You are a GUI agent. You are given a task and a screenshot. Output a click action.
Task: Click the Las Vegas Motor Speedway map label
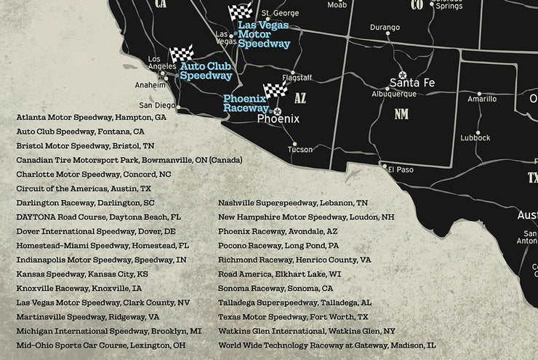264,34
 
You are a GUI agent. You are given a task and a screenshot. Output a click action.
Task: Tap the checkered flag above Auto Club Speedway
181,55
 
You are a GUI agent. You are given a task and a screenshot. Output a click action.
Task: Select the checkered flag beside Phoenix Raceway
276,90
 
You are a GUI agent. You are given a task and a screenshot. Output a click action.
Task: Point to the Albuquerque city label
394,94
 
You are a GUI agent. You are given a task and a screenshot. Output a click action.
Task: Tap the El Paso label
400,169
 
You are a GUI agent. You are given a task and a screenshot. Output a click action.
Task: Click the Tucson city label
300,150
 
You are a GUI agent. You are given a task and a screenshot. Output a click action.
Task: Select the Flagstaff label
297,77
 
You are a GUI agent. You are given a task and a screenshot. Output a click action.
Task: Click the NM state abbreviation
401,114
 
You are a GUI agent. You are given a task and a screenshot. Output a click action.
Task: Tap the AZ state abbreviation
301,97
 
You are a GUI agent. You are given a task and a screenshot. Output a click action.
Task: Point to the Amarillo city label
482,99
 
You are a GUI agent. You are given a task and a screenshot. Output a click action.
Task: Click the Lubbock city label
475,137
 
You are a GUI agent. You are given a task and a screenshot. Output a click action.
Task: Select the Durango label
385,28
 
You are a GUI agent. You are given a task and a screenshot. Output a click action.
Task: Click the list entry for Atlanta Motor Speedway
91,116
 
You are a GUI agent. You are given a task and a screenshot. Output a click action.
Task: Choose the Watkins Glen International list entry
306,330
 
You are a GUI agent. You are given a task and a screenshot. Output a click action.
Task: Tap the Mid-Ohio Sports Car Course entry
100,345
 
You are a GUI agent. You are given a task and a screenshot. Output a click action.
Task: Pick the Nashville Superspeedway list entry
292,203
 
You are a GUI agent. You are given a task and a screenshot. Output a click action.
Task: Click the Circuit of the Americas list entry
84,188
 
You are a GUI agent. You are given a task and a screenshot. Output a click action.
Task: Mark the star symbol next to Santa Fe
402,75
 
